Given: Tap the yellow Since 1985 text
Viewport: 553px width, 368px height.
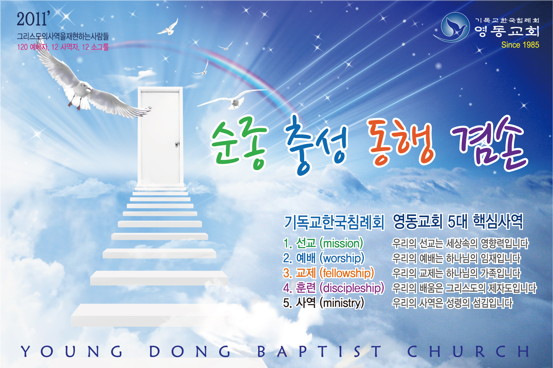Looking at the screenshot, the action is pyautogui.click(x=520, y=45).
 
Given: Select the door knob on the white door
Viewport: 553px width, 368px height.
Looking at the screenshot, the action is pyautogui.click(x=177, y=143).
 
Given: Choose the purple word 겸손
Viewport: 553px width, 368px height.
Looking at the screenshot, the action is pyautogui.click(x=489, y=143).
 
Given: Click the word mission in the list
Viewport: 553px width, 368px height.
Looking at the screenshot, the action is pyautogui.click(x=341, y=243).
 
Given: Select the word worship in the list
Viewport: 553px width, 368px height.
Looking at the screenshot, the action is pyautogui.click(x=342, y=258).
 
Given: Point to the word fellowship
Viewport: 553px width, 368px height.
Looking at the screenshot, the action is pyautogui.click(x=347, y=273).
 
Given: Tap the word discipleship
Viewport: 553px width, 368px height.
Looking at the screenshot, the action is pyautogui.click(x=352, y=288).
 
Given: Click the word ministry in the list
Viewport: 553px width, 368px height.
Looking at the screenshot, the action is pyautogui.click(x=342, y=303).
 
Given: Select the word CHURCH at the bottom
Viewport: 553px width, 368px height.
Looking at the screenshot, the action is pyautogui.click(x=468, y=351).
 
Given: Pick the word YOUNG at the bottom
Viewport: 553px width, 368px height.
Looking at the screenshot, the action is pyautogui.click(x=72, y=351).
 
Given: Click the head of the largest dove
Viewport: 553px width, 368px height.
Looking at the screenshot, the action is pyautogui.click(x=85, y=87).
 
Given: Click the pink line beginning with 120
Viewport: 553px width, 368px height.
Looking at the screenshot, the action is pyautogui.click(x=63, y=47).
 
